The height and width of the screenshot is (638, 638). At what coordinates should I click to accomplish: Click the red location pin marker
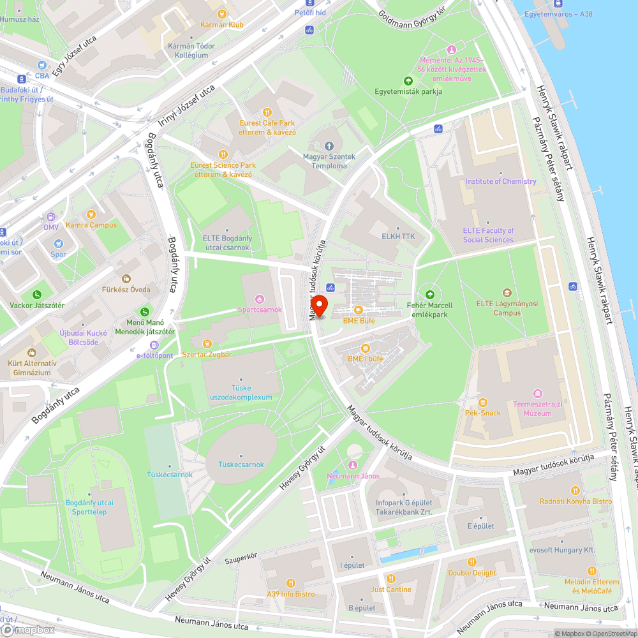tap(318, 306)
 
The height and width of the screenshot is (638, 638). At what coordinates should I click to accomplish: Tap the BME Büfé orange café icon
tap(358, 310)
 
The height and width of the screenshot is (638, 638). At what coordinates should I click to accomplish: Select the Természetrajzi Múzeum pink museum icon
tap(538, 393)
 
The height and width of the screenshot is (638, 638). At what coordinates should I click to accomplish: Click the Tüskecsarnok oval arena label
tap(241, 464)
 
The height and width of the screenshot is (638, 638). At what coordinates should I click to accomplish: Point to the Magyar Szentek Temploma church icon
tap(329, 147)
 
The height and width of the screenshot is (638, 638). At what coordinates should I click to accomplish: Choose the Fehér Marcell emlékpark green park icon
tap(429, 294)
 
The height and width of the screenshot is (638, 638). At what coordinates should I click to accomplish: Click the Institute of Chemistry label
tap(501, 181)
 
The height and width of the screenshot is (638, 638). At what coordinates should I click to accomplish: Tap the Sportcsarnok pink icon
tap(259, 299)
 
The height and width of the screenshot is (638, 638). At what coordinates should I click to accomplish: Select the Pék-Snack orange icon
tap(482, 403)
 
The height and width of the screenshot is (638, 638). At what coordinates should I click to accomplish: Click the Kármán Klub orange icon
tap(221, 13)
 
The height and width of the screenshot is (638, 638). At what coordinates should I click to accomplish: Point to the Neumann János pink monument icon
tap(353, 465)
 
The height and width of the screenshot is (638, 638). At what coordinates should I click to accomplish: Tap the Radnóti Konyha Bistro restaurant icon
tap(575, 491)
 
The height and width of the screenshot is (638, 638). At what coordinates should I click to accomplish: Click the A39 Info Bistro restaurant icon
tap(291, 582)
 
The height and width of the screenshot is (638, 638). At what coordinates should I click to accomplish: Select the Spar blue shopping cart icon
tap(59, 244)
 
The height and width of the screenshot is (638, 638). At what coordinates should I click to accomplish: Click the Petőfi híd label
tap(309, 12)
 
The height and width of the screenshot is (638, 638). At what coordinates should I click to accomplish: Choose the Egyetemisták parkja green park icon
tap(408, 80)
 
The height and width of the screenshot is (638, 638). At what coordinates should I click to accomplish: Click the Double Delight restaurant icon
tap(472, 562)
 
